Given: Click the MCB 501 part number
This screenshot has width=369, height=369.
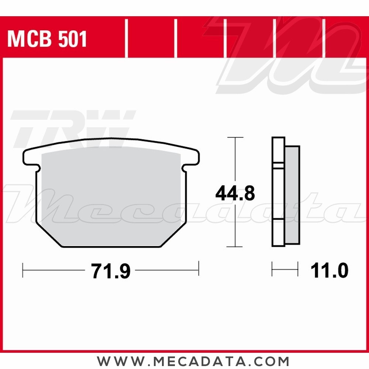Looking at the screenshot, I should pos(47,39).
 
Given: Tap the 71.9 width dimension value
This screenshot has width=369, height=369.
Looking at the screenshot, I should pos(110,272).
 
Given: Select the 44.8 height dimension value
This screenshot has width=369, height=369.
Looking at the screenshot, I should pos(235,193).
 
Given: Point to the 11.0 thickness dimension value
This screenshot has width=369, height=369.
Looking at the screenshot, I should pos(329,272).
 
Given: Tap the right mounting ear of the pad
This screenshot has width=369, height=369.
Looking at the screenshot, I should pos(192,157).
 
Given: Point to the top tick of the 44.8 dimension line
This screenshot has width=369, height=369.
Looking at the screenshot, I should pos(235,137).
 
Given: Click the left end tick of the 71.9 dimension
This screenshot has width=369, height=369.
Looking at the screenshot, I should pos(23,269).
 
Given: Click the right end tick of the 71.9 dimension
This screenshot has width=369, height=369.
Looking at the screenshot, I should pos(199,269).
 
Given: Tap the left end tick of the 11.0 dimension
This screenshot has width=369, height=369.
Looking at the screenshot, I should pos(272,269).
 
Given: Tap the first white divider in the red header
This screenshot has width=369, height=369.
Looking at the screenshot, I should pos(126,39).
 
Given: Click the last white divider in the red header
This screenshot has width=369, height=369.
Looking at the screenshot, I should pos(324,39).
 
